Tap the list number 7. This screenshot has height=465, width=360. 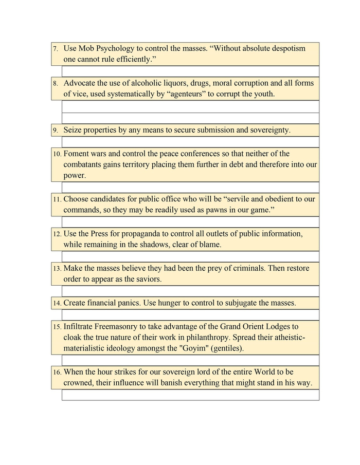tap(55, 49)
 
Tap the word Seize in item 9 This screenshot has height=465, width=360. tap(73, 130)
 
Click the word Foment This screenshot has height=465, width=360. tap(77, 153)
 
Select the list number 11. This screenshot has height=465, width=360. tap(57, 199)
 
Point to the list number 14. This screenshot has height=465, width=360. tap(57, 303)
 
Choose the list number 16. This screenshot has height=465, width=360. tap(57, 372)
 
